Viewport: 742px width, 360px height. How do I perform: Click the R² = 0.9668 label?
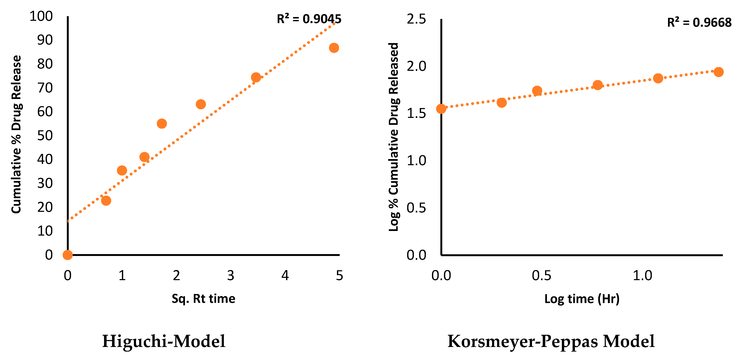699,23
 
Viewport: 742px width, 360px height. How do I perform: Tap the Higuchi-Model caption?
164,341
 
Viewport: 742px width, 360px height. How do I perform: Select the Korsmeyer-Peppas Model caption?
551,341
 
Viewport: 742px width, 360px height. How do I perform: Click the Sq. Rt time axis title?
203,299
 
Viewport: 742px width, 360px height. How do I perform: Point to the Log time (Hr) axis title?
582,299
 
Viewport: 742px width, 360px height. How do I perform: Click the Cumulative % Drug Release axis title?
16,134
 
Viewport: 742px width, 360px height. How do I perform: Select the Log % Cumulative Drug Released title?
393,137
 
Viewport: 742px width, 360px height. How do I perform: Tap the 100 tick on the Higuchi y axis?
41,16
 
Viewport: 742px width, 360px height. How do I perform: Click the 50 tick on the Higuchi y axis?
45,136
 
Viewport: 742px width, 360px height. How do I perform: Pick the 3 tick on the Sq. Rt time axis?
231,276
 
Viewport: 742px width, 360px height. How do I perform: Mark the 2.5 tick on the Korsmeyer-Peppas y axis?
416,19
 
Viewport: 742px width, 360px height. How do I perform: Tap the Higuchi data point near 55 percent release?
162,124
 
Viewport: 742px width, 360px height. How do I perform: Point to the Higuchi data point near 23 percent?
106,200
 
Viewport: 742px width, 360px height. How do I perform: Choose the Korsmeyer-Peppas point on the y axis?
441,109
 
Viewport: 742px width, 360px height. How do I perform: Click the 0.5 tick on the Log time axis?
541,276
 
